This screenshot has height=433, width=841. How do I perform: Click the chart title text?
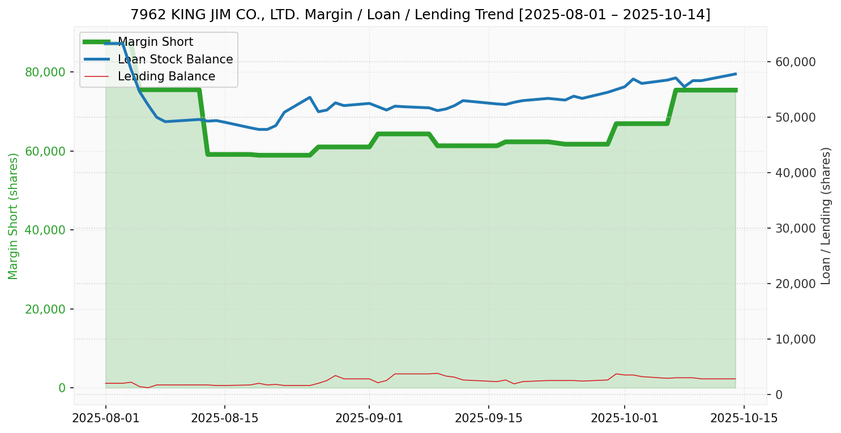pos(420,15)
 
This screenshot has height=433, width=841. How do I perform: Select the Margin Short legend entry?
pos(155,42)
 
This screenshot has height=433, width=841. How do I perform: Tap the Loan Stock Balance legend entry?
pos(175,59)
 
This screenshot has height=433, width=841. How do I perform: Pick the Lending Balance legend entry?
pos(166,76)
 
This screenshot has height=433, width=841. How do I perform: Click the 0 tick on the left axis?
pos(62,388)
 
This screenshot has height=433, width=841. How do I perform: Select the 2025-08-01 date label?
pos(105,418)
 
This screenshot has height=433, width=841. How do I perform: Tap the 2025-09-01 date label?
pos(369,418)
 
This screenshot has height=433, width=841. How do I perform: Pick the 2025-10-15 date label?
pos(744,418)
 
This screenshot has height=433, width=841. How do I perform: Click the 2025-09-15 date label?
pos(488,418)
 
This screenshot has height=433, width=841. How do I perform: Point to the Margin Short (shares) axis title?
pos(13,216)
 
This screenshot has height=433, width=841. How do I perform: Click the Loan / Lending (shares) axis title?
pos(826,216)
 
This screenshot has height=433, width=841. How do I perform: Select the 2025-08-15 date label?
pos(224,418)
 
